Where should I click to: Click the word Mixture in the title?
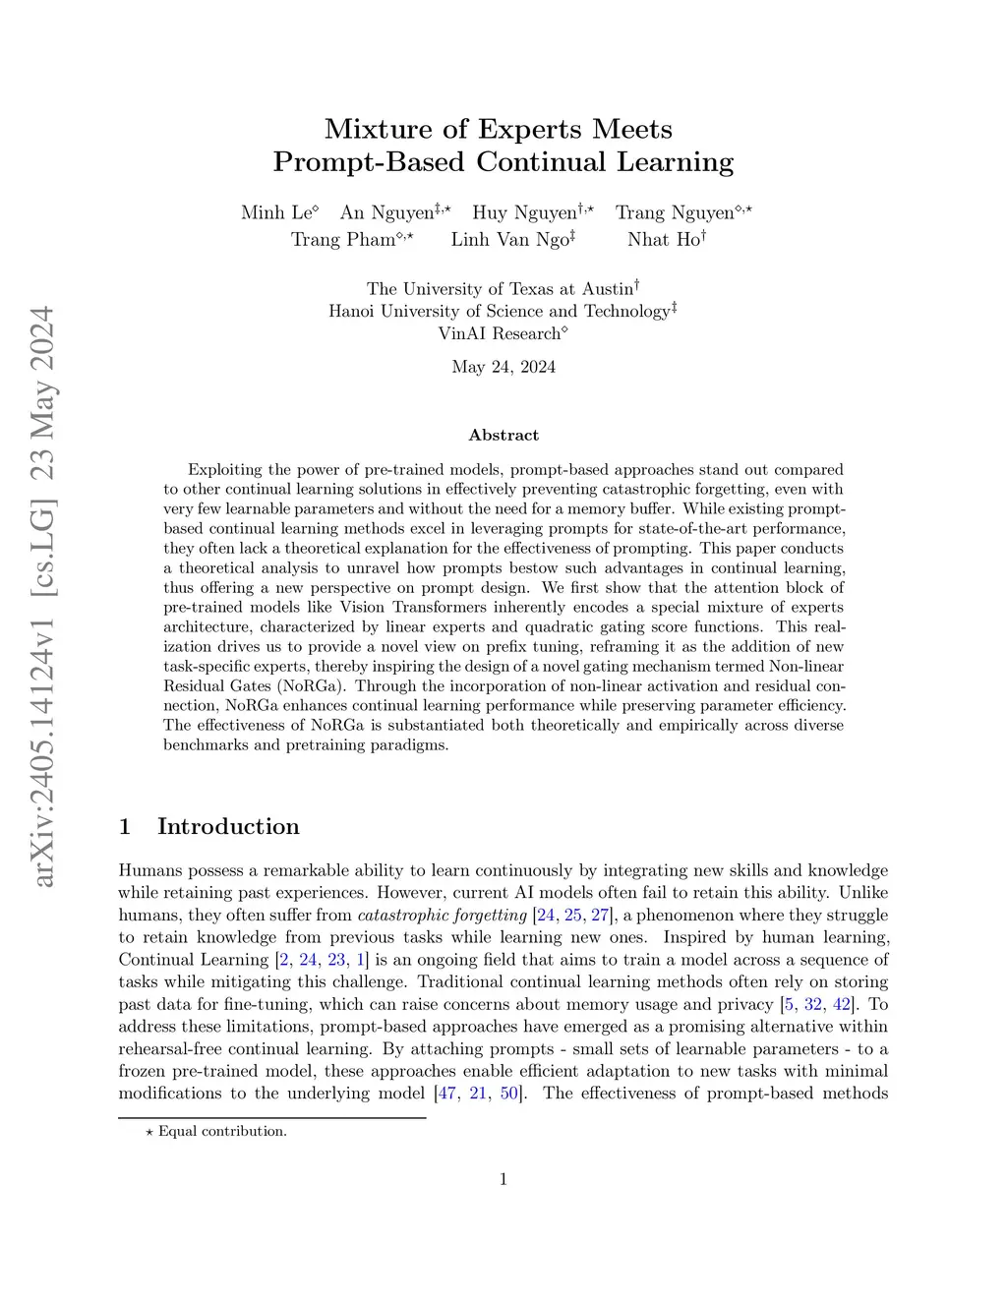[x=379, y=129]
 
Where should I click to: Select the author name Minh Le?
[x=276, y=213]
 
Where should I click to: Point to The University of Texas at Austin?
[x=500, y=289]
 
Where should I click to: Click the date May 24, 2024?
[x=503, y=367]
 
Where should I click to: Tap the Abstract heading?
[x=503, y=435]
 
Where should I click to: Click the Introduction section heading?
[x=228, y=826]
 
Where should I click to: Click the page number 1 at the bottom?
[x=503, y=1179]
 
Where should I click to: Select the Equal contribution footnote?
[x=222, y=1131]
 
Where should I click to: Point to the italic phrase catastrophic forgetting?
[x=443, y=916]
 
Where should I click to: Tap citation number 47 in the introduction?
[x=447, y=1093]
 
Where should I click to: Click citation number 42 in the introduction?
[x=842, y=1004]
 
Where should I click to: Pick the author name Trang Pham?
[x=343, y=239]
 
